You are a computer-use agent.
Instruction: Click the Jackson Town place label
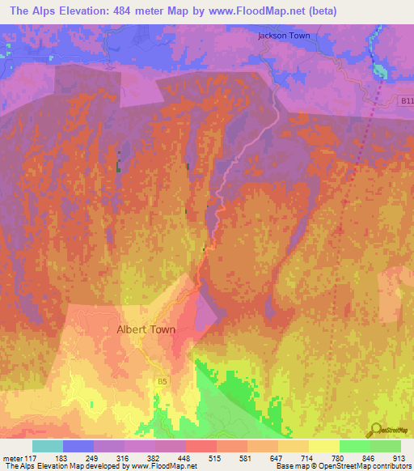tap(284, 36)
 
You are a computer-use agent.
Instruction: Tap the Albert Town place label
tap(146, 329)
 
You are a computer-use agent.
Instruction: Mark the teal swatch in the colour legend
tap(48, 446)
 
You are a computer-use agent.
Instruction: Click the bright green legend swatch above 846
tap(355, 446)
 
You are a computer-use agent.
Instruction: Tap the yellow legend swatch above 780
tap(324, 446)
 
